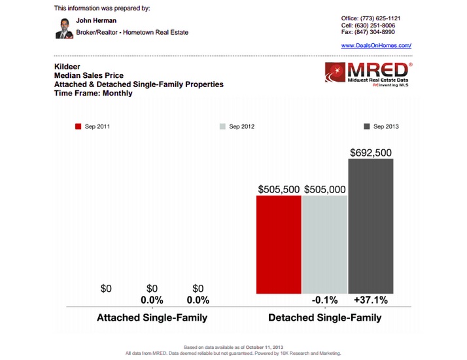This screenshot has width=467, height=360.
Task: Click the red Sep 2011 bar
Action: pos(279,244)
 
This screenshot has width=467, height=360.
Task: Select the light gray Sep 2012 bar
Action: pos(324,244)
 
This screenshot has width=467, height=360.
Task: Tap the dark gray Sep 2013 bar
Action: pos(371,226)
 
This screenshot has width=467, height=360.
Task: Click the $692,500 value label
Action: pos(371,153)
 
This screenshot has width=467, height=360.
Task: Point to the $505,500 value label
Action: pos(279,189)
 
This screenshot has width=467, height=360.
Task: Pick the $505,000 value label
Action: pos(325,189)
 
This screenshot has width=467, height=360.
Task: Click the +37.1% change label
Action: pos(371,300)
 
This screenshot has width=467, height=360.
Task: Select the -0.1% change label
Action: pos(325,300)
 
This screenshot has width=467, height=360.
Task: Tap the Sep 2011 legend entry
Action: pos(92,126)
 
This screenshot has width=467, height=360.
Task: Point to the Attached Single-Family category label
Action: pos(152,318)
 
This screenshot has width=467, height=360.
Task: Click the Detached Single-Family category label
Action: pos(324,318)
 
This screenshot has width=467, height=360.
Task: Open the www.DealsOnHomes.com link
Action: pos(376,45)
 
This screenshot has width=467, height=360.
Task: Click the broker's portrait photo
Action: pos(63,27)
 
